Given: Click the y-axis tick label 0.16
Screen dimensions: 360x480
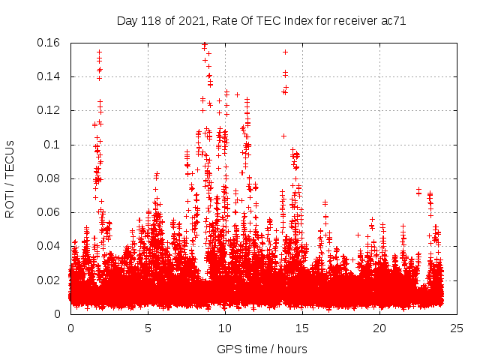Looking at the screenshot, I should tap(49, 43).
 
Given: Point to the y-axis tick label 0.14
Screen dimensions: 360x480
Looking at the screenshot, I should tap(49, 76).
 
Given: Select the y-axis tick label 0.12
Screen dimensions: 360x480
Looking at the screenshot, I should tap(49, 110).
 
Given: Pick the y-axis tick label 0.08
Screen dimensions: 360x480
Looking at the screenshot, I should tap(49, 178).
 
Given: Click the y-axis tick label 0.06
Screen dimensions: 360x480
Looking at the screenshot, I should tap(49, 212).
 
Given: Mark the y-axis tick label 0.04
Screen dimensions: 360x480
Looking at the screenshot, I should tap(49, 246).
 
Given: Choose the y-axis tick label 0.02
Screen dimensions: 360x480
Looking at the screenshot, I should tap(49, 280).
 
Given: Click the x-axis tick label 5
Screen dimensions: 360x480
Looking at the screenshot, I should tap(148, 328).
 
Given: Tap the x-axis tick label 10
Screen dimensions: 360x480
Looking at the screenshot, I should tap(225, 328).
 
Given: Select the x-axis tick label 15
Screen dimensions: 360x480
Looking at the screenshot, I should tap(302, 328).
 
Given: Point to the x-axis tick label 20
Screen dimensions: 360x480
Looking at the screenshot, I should tap(379, 328).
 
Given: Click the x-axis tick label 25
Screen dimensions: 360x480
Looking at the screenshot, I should tap(457, 328).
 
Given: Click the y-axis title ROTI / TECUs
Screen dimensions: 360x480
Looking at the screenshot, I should tap(10, 178).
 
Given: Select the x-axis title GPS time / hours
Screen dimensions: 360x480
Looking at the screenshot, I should tap(262, 349).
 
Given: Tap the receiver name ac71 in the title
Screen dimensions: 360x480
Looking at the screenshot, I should tap(393, 21).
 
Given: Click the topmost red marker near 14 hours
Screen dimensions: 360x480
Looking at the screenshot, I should tap(285, 52).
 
